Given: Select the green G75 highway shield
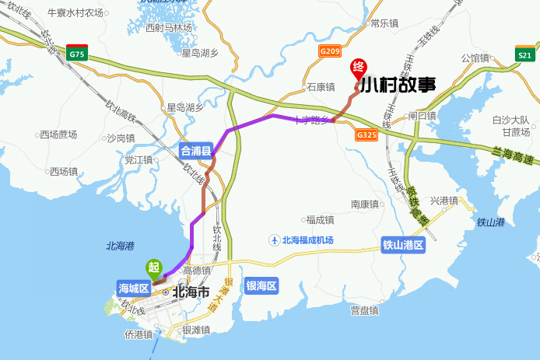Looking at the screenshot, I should click(x=77, y=54).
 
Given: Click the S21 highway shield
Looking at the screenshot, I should click(x=525, y=54).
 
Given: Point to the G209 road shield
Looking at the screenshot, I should click(x=330, y=52).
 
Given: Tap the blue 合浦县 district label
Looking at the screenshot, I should click(x=196, y=150).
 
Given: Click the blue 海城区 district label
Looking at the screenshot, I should click(x=133, y=286).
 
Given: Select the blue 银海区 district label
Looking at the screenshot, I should click(x=261, y=285).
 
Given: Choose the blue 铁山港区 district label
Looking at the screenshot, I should click(x=403, y=245).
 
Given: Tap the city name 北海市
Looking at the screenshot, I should click(x=191, y=293).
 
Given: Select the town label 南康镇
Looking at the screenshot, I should click(x=364, y=204).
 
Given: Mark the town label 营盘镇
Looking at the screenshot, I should click(x=364, y=311).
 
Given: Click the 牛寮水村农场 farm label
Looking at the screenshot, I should click(x=75, y=13).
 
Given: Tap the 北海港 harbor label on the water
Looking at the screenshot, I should click(x=121, y=246).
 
